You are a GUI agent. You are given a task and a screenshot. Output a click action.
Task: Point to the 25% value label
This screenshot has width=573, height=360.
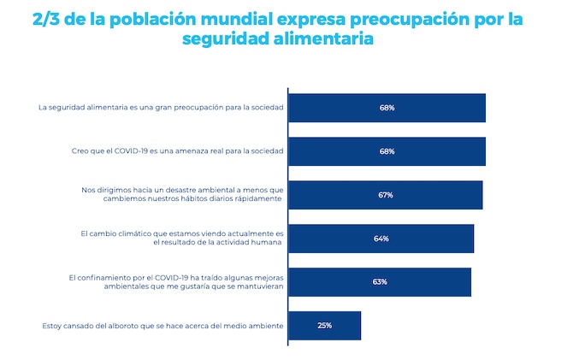tap(325, 326)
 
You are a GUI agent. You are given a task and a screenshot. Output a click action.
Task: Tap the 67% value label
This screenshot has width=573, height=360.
tap(386, 195)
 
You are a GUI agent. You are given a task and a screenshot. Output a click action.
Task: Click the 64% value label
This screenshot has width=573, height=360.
tap(381, 239)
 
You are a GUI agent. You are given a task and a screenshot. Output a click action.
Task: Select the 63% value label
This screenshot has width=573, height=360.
tap(380, 282)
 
